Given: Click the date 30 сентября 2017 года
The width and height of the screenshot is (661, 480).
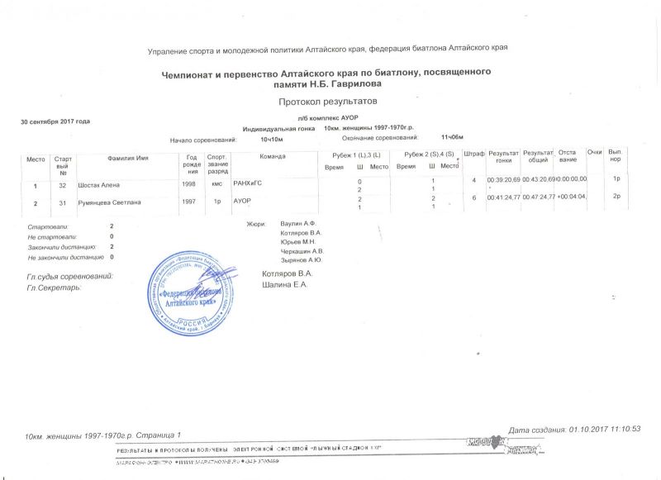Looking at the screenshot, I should click(x=55, y=121).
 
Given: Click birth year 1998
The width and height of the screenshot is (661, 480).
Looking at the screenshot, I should click(x=188, y=183).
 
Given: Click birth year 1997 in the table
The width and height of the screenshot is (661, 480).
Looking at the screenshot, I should click(x=188, y=200).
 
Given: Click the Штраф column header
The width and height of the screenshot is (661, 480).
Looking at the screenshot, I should click(x=474, y=154).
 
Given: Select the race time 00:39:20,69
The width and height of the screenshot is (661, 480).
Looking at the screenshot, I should click(x=503, y=179).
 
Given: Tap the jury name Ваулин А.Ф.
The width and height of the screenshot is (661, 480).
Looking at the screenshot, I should click(x=299, y=225).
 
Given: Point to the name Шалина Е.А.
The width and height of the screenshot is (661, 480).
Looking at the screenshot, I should click(x=283, y=285).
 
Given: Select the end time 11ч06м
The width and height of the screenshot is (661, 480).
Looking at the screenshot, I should click(x=453, y=136).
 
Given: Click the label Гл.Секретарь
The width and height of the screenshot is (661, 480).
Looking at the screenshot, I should click(x=54, y=288).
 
